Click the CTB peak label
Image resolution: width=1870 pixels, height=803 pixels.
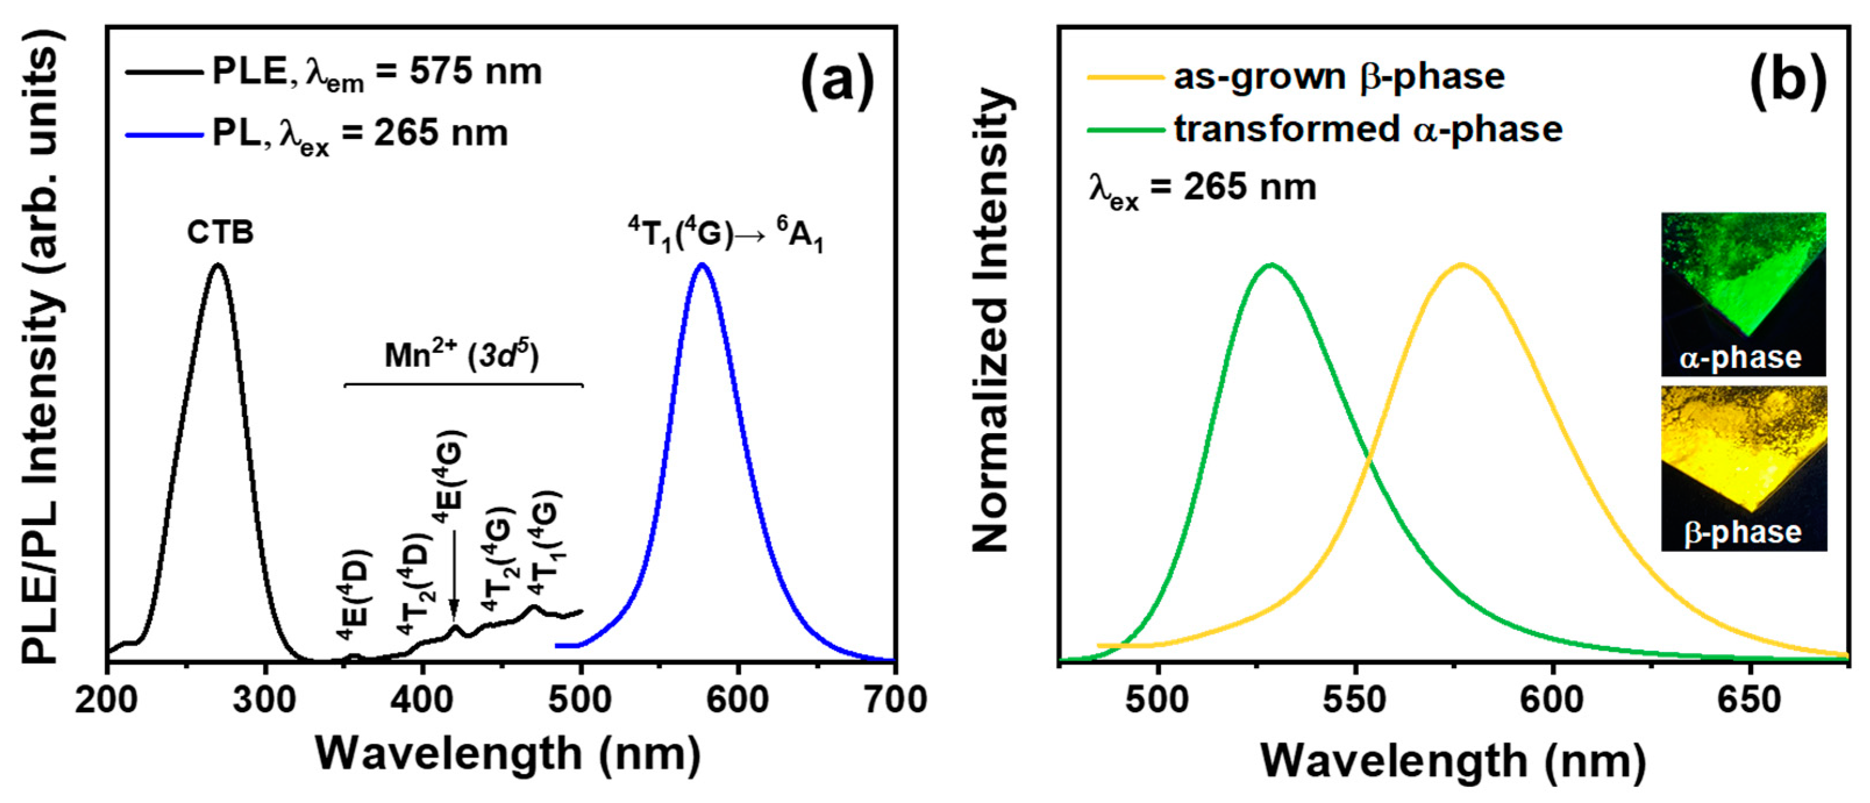coord(220,233)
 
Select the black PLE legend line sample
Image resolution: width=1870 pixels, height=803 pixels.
coord(164,72)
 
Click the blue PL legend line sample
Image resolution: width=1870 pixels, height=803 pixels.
coord(164,134)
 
